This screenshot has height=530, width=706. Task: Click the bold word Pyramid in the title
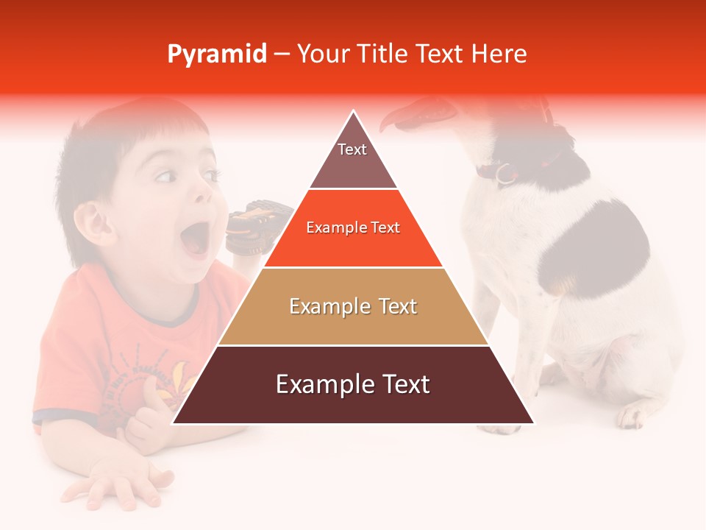point(217,54)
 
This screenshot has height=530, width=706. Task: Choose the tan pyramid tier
point(353,306)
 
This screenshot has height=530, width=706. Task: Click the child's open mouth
point(195,239)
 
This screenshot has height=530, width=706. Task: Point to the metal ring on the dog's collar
point(504,174)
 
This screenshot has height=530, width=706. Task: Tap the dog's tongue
point(401,116)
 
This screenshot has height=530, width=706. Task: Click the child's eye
point(165,176)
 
